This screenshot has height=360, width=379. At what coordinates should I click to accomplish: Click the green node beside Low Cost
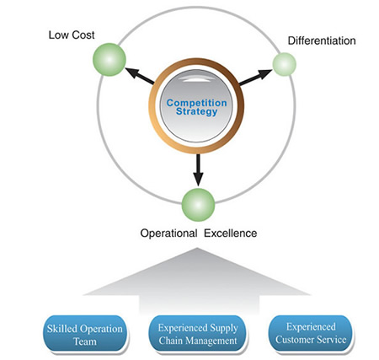pos(109,60)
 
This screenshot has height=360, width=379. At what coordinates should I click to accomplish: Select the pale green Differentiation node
pos(284,64)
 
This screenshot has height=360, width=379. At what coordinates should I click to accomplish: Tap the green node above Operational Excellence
pos(198,205)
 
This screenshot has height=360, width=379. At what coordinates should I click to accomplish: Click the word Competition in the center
pos(196,103)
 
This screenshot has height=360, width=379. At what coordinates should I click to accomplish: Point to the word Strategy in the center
pos(196,111)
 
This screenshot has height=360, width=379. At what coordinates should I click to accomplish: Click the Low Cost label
pos(72,35)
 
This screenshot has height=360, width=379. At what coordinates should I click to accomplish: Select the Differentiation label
pos(322,40)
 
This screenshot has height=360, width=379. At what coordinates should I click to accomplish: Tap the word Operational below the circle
pos(168,234)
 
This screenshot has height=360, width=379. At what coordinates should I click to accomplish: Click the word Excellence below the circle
pos(230,234)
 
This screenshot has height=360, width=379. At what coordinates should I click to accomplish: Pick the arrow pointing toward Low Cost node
pos(140,76)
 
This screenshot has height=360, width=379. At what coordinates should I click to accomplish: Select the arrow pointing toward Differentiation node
pos(255,77)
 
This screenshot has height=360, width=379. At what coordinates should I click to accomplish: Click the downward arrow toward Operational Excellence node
pos(198,169)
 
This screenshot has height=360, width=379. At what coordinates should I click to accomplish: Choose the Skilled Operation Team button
pos(85,334)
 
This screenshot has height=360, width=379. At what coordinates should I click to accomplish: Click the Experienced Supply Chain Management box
pos(198,334)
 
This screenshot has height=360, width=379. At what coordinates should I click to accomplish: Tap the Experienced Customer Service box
pos(311,333)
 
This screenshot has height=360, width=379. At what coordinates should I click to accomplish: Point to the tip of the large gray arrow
pos(197,248)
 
